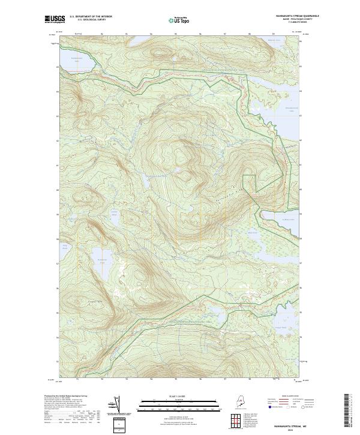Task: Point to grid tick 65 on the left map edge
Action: pyautogui.click(x=58, y=67)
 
